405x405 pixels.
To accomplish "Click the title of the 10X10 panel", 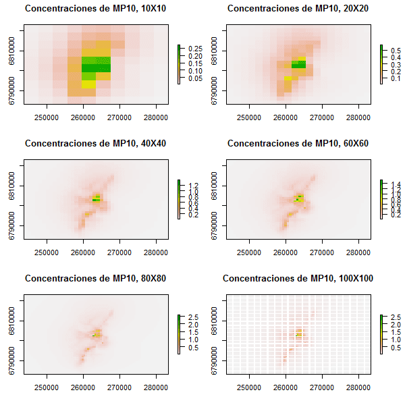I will point(97,9).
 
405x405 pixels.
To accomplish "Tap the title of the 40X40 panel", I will point(97,144).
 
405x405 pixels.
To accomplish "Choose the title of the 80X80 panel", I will point(97,278).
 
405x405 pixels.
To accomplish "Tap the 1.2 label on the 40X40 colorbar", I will point(193,185).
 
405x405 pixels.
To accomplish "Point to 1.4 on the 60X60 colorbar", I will point(395,184).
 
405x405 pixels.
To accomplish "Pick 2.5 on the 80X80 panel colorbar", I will point(193,317).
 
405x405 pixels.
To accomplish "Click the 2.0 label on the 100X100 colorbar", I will point(395,324).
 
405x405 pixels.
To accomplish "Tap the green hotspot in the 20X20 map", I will point(298,64).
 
